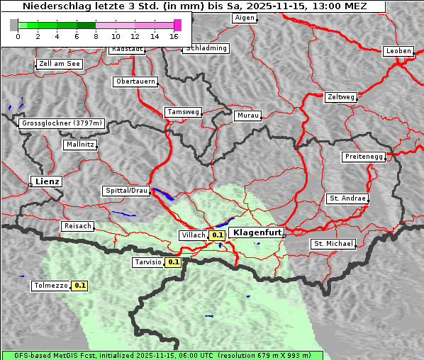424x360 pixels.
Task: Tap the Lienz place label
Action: click(45, 181)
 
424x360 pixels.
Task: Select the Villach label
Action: click(194, 235)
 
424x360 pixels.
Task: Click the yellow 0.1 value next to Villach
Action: click(217, 235)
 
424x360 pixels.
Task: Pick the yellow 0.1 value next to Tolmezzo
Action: click(79, 286)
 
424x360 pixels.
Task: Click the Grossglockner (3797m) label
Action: click(62, 123)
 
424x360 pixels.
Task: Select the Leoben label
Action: click(398, 51)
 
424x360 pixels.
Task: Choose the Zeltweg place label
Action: click(341, 96)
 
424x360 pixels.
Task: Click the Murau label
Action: click(248, 115)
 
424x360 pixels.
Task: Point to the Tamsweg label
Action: click(184, 112)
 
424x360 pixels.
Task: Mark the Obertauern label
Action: click(135, 81)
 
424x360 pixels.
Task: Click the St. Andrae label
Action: click(347, 198)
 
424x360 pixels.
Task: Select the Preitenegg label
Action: click(364, 156)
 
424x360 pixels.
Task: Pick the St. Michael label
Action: click(333, 244)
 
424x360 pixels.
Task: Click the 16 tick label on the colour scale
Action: click(174, 36)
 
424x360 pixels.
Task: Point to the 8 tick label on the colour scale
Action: click(96, 36)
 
